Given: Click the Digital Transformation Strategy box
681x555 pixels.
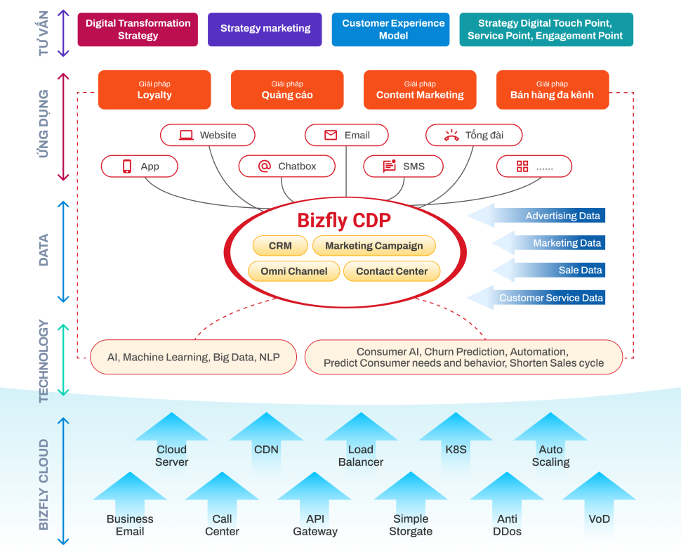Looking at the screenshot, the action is tap(138, 30).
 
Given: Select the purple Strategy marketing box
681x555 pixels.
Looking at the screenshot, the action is tap(265, 30).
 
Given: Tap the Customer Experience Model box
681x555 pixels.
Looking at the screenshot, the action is tap(390, 30).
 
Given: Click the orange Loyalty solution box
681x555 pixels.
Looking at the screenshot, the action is tap(154, 90).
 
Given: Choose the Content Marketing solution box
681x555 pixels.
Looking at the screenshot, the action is tap(420, 90).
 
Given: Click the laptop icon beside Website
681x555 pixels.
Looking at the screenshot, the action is tap(186, 135).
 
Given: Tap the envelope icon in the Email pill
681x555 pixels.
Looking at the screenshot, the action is tap(331, 135).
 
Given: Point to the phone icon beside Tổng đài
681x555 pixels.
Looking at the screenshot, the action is tap(451, 136).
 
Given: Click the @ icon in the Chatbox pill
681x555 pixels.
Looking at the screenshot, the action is tap(265, 166).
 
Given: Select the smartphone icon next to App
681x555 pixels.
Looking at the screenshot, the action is tap(127, 166).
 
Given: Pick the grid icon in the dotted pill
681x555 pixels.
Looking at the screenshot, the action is tap(522, 166).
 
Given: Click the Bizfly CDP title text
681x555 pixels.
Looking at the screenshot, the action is tap(344, 221).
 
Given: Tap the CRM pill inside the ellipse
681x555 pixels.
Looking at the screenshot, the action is tap(280, 246).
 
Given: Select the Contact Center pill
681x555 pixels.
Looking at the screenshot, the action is tap(392, 271).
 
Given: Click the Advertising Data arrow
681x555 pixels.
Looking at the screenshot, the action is tap(536, 216).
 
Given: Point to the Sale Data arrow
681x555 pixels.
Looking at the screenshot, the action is tap(548, 270).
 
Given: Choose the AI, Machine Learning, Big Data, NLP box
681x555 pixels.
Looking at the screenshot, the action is tap(193, 357).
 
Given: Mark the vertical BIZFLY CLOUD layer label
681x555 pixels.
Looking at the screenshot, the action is tap(44, 484).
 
